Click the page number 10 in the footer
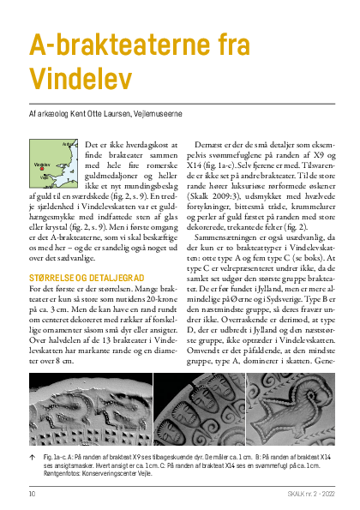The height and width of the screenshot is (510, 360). tap(31, 494)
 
